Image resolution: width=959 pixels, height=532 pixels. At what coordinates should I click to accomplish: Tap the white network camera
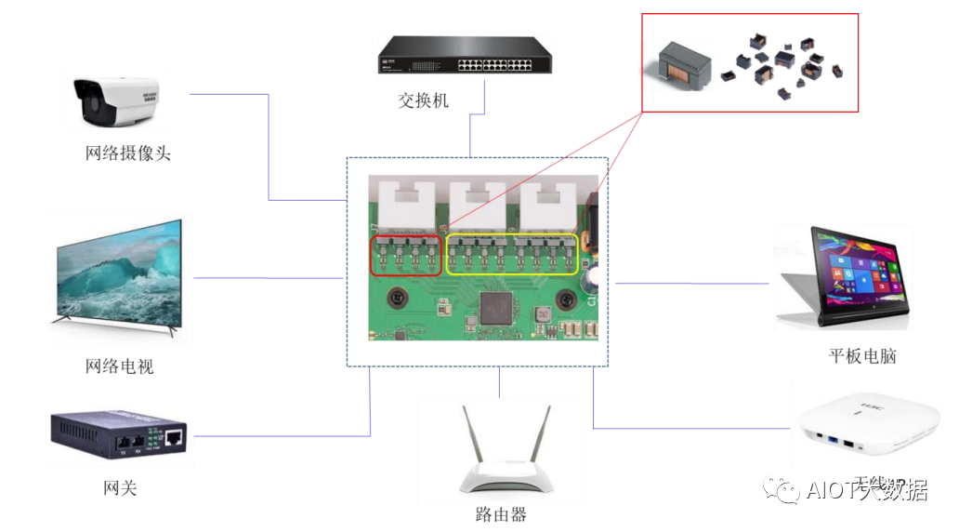click(117, 101)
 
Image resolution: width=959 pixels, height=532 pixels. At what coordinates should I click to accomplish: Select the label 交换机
click(423, 100)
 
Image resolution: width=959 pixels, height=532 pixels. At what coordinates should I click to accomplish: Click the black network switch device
click(462, 56)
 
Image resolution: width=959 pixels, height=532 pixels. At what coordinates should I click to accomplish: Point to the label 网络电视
click(119, 366)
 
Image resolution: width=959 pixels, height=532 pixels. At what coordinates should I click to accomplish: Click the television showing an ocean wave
click(117, 273)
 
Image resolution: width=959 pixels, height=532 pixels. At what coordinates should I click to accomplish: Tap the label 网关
click(120, 487)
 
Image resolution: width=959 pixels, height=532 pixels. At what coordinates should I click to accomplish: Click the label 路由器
click(500, 514)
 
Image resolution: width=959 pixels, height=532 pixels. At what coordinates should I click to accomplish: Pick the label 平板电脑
click(862, 356)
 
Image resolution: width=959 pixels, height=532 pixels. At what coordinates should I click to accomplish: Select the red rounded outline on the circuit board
click(407, 256)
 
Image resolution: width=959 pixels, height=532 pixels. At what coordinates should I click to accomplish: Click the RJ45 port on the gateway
click(174, 435)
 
